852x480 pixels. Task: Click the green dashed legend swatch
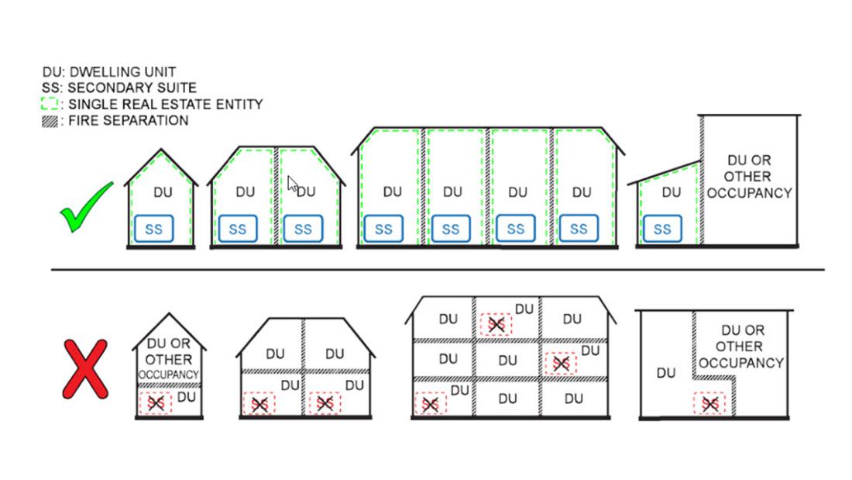click(50, 105)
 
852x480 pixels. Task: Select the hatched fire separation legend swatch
click(50, 121)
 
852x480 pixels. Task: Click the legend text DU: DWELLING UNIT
click(109, 72)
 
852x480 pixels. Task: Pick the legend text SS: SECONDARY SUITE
click(119, 88)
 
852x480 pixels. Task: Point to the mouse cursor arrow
click(292, 184)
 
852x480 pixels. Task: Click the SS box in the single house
click(154, 230)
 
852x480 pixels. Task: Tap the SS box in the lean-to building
click(662, 230)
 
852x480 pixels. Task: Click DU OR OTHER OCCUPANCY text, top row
click(749, 176)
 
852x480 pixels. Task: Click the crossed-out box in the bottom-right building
click(709, 403)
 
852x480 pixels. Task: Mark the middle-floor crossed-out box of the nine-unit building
click(561, 363)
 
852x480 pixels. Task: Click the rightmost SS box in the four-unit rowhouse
click(579, 230)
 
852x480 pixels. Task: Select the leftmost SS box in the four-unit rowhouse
click(383, 230)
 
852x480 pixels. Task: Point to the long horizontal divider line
click(438, 270)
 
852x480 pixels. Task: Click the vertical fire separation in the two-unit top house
click(276, 194)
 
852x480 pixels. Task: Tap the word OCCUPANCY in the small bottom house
click(168, 375)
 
